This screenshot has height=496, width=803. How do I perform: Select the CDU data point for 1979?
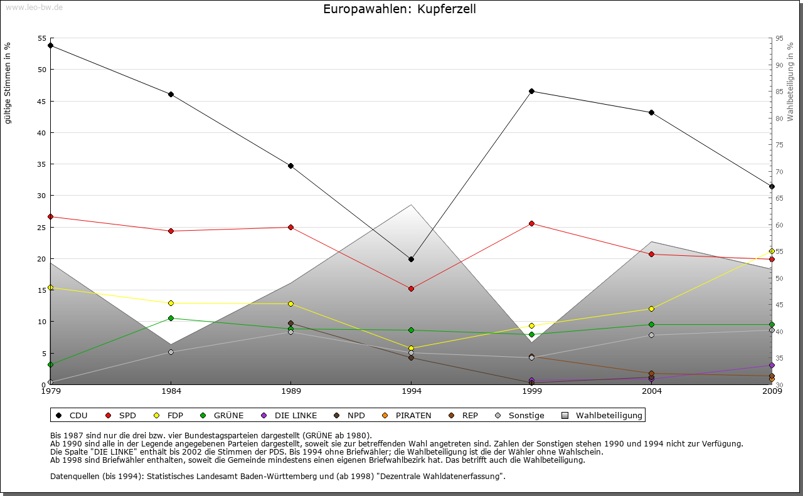click(x=50, y=45)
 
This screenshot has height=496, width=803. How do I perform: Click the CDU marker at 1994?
click(x=411, y=259)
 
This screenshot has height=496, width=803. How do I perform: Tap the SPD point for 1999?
click(x=531, y=223)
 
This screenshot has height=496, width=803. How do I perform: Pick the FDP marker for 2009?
click(x=772, y=251)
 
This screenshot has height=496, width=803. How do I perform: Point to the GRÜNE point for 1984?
click(x=171, y=318)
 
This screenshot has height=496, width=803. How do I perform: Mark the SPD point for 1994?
click(x=411, y=288)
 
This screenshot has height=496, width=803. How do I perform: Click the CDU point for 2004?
click(x=652, y=112)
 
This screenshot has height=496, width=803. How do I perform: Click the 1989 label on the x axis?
click(x=291, y=391)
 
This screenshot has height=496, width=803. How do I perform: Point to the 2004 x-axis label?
click(x=652, y=391)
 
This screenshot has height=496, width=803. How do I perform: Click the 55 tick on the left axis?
click(x=42, y=38)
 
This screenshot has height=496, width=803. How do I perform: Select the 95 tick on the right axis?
click(x=779, y=38)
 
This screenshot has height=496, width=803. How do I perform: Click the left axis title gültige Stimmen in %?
click(x=8, y=83)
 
